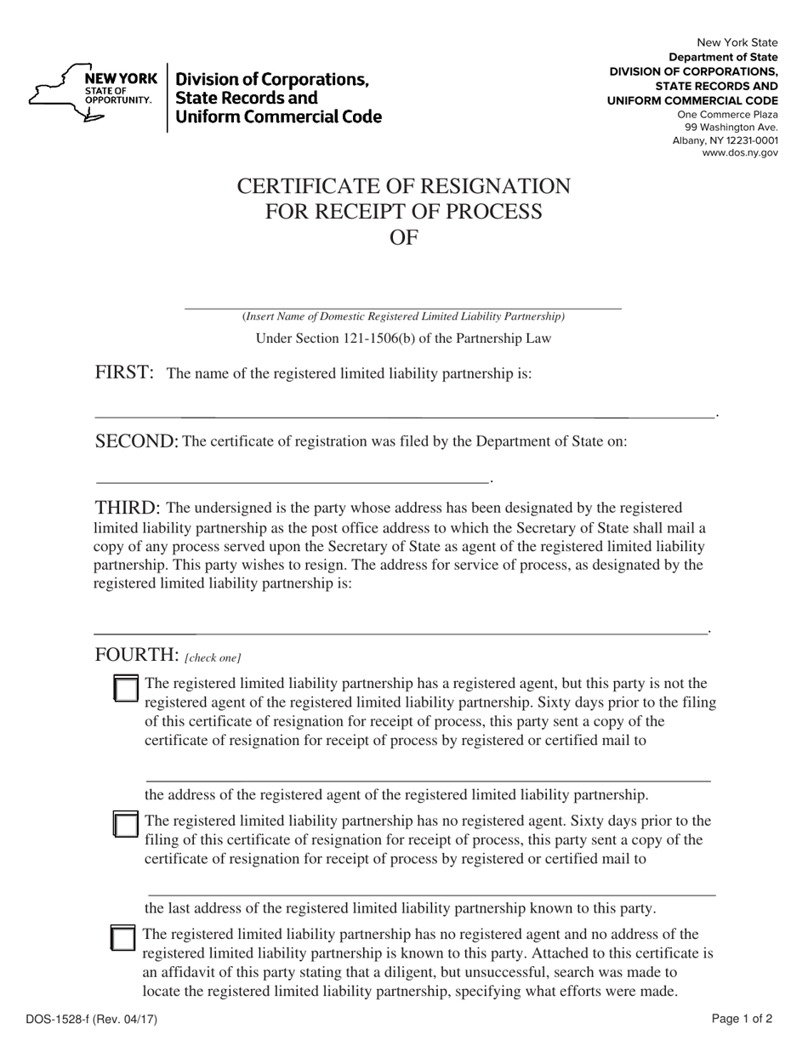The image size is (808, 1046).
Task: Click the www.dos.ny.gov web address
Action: click(x=739, y=153)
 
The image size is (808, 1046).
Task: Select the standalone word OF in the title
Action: click(x=403, y=237)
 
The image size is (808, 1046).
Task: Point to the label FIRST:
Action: click(x=124, y=372)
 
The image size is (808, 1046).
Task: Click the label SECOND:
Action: click(x=136, y=441)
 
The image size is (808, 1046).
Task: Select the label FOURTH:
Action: click(x=136, y=654)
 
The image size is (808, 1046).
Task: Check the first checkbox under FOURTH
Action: click(x=125, y=689)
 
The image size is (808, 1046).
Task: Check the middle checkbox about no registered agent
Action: click(x=125, y=825)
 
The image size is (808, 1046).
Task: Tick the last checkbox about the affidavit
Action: click(x=123, y=938)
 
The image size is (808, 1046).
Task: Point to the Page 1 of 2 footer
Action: click(x=742, y=1019)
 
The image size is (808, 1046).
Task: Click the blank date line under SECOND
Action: click(x=293, y=481)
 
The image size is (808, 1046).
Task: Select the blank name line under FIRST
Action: click(x=405, y=416)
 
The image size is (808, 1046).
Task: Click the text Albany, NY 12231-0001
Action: click(x=725, y=140)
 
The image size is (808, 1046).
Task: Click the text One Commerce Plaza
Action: click(x=727, y=115)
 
